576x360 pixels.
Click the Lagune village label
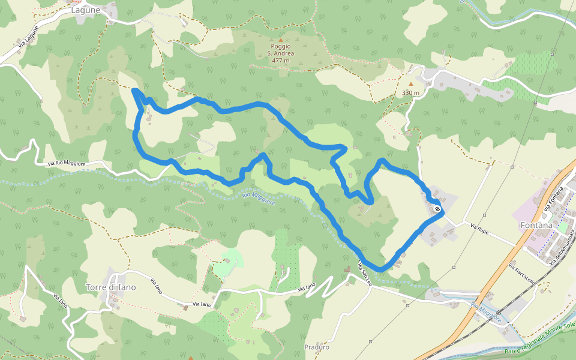click(85, 10)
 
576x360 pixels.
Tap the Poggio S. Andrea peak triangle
click(280, 40)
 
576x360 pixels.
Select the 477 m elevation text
click(280, 60)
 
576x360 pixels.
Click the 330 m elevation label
click(410, 93)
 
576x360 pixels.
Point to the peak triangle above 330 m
click(411, 84)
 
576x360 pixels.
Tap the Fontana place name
click(536, 225)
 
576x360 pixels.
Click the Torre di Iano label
click(111, 287)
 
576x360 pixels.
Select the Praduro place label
click(317, 347)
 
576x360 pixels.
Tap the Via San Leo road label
click(365, 274)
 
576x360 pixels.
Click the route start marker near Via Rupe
click(437, 209)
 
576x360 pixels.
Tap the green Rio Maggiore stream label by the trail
click(259, 198)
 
